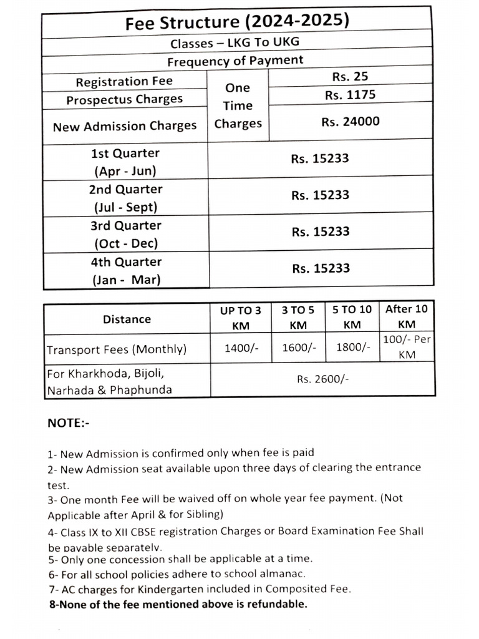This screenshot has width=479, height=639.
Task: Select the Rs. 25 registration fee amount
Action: pos(350,77)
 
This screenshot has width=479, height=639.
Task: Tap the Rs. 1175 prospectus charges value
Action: pos(350,95)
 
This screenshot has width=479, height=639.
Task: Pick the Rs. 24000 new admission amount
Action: pos(350,122)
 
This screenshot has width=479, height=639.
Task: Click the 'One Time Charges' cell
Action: pos(238,105)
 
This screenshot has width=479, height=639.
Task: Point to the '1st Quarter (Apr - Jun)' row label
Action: pos(125,162)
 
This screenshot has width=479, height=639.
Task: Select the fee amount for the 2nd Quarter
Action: pos(320,195)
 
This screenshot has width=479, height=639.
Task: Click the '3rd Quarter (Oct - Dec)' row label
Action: pos(125,234)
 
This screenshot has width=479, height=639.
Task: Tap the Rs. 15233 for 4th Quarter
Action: pos(320,268)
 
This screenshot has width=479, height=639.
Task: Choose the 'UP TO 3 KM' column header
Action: pos(240,317)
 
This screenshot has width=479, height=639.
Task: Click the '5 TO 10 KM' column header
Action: pos(352,316)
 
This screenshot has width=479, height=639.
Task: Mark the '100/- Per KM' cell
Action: pos(408,347)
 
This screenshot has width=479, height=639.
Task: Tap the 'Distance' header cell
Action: pos(127,319)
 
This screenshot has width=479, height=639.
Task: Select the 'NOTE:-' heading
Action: pos(69,423)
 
